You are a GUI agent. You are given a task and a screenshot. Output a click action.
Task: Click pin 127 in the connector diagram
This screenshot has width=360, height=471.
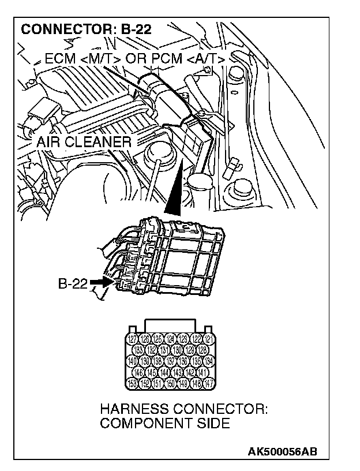click(x=132, y=339)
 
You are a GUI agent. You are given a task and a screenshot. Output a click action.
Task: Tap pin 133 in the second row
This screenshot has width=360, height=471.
click(x=138, y=350)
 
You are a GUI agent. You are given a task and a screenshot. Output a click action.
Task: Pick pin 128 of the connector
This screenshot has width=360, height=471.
click(x=202, y=350)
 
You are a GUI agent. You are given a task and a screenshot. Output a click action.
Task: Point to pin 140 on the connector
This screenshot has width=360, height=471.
click(x=132, y=361)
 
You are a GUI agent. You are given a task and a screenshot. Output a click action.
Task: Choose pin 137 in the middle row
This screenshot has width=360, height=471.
click(x=171, y=361)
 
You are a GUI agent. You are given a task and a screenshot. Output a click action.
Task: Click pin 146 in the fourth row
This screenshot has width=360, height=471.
click(x=138, y=372)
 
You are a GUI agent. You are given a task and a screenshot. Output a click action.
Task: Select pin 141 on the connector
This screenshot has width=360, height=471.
click(x=202, y=372)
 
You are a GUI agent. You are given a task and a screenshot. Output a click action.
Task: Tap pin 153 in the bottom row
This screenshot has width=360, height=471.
click(x=132, y=383)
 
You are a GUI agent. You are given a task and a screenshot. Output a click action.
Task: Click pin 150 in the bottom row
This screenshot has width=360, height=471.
click(x=171, y=383)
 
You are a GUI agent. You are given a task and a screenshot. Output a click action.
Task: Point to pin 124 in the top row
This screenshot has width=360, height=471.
click(x=171, y=339)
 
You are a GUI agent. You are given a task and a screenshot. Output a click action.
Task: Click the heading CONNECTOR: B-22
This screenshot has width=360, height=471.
click(x=87, y=29)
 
